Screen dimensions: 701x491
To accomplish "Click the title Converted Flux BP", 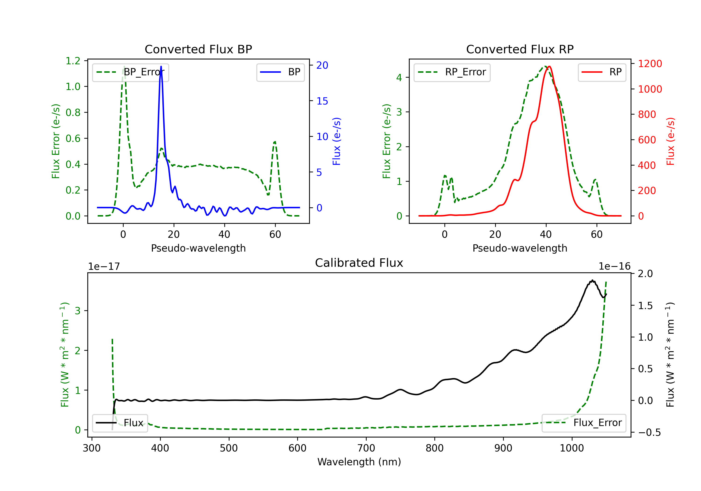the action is [x=198, y=49].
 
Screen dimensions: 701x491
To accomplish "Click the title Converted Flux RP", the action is [x=520, y=49].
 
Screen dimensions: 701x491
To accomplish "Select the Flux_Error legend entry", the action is [x=584, y=423].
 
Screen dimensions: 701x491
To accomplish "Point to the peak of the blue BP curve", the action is [x=161, y=66].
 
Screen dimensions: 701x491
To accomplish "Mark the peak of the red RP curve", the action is [x=549, y=66].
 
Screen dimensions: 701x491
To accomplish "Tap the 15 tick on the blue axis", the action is [x=322, y=101].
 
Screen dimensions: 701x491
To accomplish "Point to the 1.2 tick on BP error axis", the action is [x=73, y=61].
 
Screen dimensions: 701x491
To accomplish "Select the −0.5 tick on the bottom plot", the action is [x=649, y=432].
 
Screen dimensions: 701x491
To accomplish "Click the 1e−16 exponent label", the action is [x=614, y=267].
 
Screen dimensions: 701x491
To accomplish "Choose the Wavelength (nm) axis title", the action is [x=359, y=462].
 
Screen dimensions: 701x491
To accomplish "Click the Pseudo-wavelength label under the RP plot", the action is [x=520, y=248].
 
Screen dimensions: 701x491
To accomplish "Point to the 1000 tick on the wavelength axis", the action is [x=572, y=448].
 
